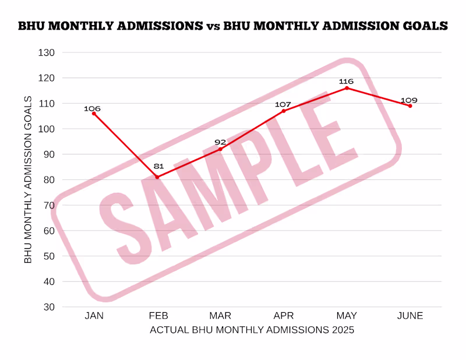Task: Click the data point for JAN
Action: pos(94,113)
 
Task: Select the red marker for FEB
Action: pos(157,177)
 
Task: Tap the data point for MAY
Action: pos(347,88)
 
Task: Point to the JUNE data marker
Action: pos(410,106)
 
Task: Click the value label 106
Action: pos(92,108)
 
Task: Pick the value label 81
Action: pos(158,166)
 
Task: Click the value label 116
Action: pos(348,81)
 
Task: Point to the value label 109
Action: pos(408,100)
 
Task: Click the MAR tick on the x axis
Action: pos(220,316)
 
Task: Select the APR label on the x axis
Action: pos(284,316)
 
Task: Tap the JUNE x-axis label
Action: pos(410,316)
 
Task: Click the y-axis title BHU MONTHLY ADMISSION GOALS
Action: pos(28,179)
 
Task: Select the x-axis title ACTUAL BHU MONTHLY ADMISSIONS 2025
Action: pos(252,330)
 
